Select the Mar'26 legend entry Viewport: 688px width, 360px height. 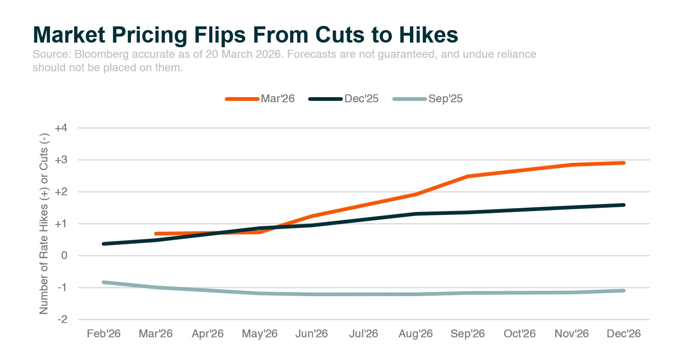[260, 99]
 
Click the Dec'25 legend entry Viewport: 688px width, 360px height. [344, 99]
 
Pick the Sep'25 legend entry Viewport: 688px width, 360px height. [428, 99]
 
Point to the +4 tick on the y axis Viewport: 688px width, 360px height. [61, 128]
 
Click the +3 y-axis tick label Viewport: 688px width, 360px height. [61, 160]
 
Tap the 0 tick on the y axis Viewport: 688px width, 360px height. [64, 256]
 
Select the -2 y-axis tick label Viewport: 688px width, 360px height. [62, 320]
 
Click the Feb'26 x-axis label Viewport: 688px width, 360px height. [104, 334]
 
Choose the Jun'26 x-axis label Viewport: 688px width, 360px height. [312, 334]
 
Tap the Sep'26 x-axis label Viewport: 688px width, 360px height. [468, 334]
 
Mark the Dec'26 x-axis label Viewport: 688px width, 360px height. [624, 334]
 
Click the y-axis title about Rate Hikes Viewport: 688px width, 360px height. [44, 223]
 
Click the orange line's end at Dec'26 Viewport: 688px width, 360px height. [624, 163]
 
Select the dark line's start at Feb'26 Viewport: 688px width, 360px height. [104, 244]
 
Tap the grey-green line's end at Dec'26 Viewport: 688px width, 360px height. [624, 291]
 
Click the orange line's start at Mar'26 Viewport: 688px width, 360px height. [156, 234]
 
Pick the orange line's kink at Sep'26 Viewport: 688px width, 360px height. [468, 176]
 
